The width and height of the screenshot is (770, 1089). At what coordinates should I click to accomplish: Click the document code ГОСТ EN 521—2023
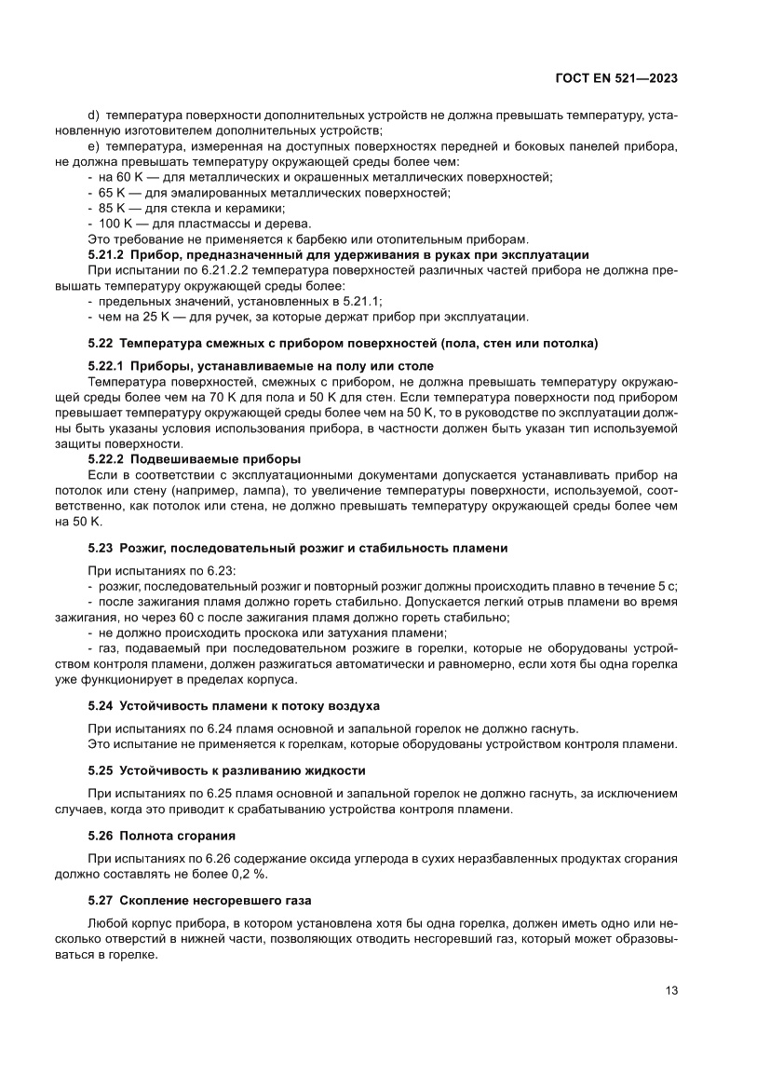click(x=615, y=79)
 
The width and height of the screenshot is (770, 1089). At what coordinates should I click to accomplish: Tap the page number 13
click(x=670, y=990)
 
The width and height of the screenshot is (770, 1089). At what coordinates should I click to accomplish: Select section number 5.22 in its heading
click(x=101, y=344)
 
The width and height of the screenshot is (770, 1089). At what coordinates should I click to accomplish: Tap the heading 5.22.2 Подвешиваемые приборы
click(x=195, y=459)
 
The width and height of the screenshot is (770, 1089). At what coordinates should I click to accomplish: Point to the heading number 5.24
click(x=101, y=705)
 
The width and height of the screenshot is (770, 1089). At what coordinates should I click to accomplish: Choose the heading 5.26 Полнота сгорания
click(x=161, y=836)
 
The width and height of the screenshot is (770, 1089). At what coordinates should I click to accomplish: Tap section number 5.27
click(x=101, y=901)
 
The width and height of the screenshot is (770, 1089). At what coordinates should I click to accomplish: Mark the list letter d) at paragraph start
click(x=93, y=115)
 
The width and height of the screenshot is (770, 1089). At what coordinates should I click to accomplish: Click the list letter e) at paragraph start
click(x=93, y=146)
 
